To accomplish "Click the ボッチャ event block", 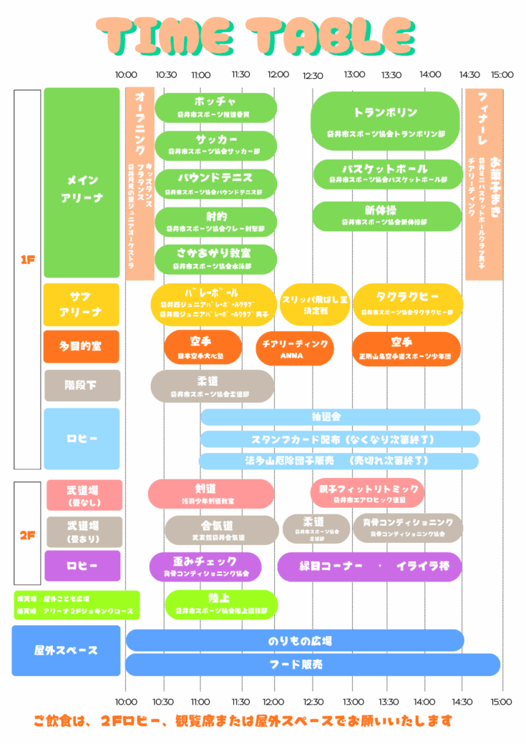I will tap(215, 107).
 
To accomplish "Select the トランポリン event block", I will tap(385, 120).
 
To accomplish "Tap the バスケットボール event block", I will tap(388, 174).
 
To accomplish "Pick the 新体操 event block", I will tap(386, 215).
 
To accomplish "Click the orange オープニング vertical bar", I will tap(140, 184).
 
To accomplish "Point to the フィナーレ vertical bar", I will tap(484, 184).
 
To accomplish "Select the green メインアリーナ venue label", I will tap(82, 183).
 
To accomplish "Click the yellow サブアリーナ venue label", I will tap(82, 304).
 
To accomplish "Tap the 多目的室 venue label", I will tap(82, 346).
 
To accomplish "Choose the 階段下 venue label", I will tap(82, 386).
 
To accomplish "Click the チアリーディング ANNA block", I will tap(295, 348).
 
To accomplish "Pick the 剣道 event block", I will tap(211, 494).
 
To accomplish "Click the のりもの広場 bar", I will tap(295, 640).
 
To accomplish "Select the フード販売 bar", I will tap(312, 665).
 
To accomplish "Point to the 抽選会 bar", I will tap(339, 416).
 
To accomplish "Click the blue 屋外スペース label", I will tap(66, 650).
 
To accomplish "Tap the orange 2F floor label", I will tap(27, 534).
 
